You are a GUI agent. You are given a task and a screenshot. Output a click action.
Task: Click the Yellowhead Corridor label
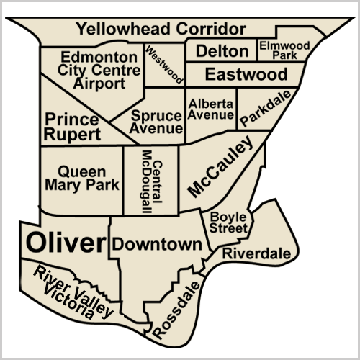161,29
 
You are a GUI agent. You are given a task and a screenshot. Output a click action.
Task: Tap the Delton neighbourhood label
222,51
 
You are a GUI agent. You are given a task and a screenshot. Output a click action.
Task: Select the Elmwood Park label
284,50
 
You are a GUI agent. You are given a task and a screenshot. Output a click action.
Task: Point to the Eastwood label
246,74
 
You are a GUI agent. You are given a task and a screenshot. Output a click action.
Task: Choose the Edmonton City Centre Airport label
99,70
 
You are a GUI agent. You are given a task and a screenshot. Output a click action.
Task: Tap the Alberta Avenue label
212,109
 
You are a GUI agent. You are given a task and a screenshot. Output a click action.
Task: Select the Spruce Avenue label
157,122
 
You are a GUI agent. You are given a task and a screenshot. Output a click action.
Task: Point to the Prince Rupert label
73,126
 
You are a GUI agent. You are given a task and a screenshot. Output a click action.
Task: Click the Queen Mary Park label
82,178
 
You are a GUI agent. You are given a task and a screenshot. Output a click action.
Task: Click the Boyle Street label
229,222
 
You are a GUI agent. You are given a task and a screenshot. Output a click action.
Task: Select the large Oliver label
66,243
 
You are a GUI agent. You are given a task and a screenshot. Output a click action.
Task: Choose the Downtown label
157,244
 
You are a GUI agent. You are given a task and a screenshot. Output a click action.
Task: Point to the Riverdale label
256,253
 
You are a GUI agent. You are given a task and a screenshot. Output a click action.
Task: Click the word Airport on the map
99,83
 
